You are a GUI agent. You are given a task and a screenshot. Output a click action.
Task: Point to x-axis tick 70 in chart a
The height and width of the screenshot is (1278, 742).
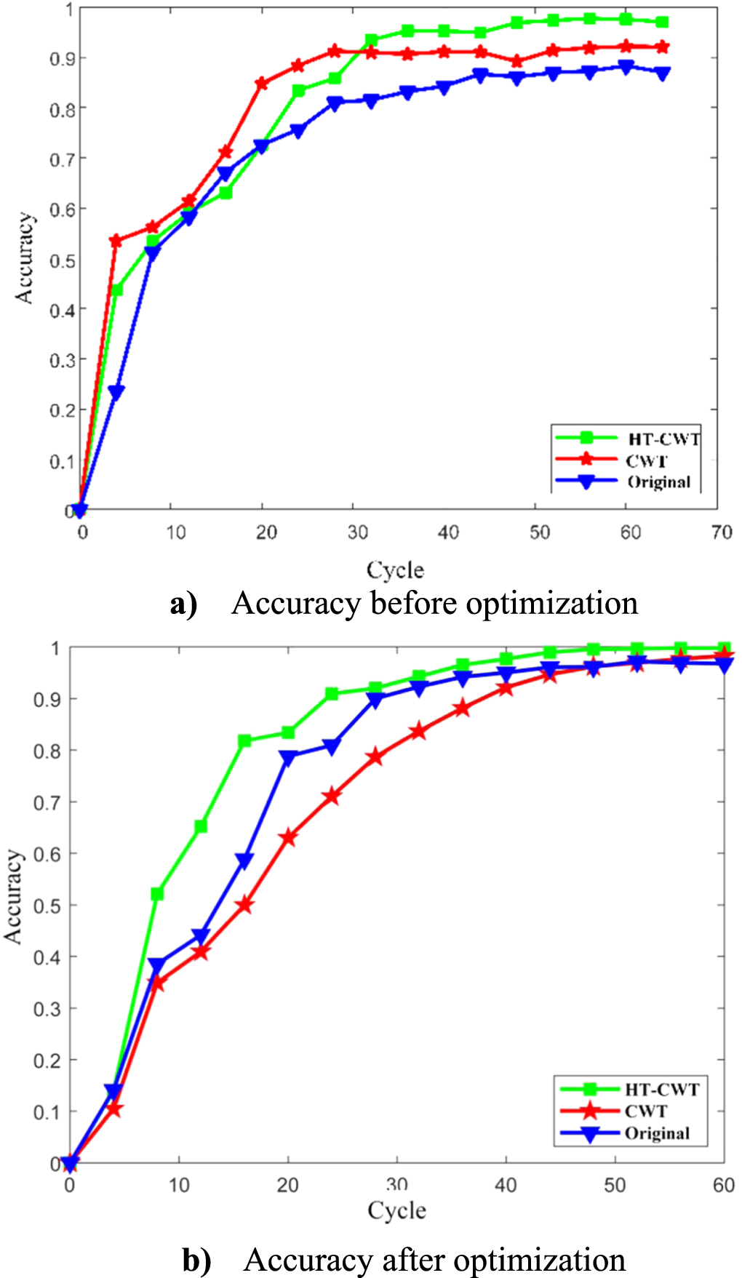721,532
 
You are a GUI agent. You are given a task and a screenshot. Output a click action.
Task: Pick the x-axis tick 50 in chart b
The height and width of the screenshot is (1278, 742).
615,1185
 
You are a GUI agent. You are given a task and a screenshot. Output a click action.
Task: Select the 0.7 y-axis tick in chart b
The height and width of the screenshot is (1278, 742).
47,802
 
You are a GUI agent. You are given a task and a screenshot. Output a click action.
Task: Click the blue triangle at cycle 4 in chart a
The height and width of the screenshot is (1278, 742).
116,393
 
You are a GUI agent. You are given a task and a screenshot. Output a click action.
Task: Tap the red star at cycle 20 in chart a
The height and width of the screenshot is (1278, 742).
262,84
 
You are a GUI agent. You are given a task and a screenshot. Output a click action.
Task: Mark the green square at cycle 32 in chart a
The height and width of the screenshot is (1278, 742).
371,40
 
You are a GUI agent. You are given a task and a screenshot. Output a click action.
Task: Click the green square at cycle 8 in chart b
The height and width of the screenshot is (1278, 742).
157,893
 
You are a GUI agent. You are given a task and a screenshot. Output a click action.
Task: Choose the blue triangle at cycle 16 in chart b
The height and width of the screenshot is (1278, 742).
244,861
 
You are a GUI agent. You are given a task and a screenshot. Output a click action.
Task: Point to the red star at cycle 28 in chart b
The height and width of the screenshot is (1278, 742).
375,757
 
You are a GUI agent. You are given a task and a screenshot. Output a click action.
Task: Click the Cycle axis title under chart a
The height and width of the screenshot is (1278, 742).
395,570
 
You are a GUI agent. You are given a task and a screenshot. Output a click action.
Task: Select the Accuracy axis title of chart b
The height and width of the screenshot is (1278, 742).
14,896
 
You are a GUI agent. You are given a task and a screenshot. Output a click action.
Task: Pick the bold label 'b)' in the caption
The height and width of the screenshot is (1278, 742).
196,1261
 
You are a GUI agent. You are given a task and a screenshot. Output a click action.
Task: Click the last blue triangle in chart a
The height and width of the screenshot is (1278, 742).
662,73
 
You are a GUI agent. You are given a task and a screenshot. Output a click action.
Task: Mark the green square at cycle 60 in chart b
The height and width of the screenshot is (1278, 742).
724,648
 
